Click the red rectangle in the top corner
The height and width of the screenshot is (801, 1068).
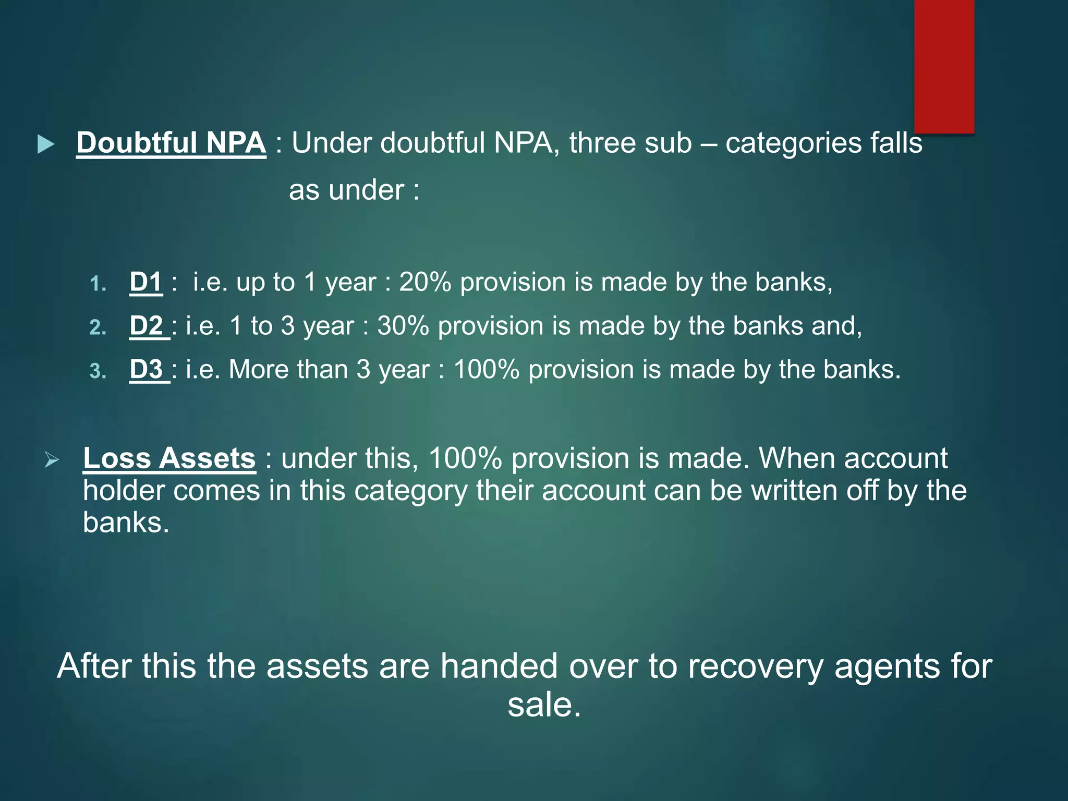[944, 66]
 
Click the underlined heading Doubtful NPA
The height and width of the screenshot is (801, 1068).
[171, 142]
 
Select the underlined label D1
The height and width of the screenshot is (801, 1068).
[145, 282]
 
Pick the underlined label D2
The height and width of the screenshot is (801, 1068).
[147, 326]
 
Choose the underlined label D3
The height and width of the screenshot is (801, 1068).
[147, 370]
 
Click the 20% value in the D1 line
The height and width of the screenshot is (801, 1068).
[424, 282]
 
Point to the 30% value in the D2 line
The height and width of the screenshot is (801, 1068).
[403, 326]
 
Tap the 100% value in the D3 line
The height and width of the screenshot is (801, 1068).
[486, 370]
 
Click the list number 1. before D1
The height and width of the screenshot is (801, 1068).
[98, 284]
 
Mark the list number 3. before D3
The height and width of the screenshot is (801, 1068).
[98, 371]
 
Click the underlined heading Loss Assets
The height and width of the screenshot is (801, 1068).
[169, 458]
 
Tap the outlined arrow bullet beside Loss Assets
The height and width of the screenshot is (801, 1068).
[52, 460]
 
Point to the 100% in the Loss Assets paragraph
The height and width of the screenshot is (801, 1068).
[465, 458]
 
